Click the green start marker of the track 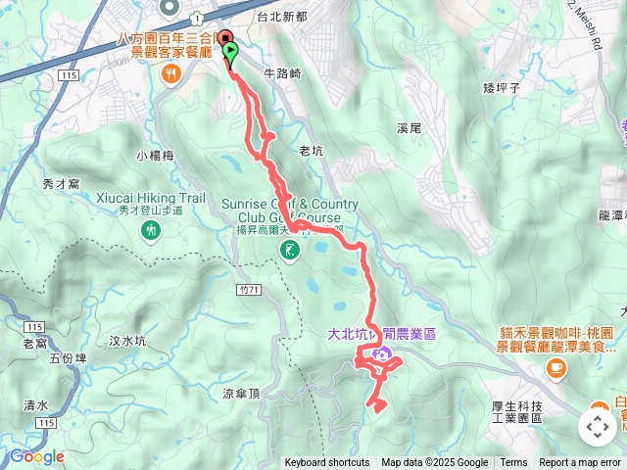coord(230,51)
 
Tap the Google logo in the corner coord(36,456)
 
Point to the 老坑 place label coord(311,151)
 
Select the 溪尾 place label coord(409,128)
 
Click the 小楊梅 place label coord(155,155)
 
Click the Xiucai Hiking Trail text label coord(151,198)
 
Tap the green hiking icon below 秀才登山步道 coord(151,231)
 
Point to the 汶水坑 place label coord(127,341)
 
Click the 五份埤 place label coord(68,358)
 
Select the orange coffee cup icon coord(556,366)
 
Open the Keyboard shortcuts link coord(327,463)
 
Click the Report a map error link coord(580,463)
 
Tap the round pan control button coord(597,427)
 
